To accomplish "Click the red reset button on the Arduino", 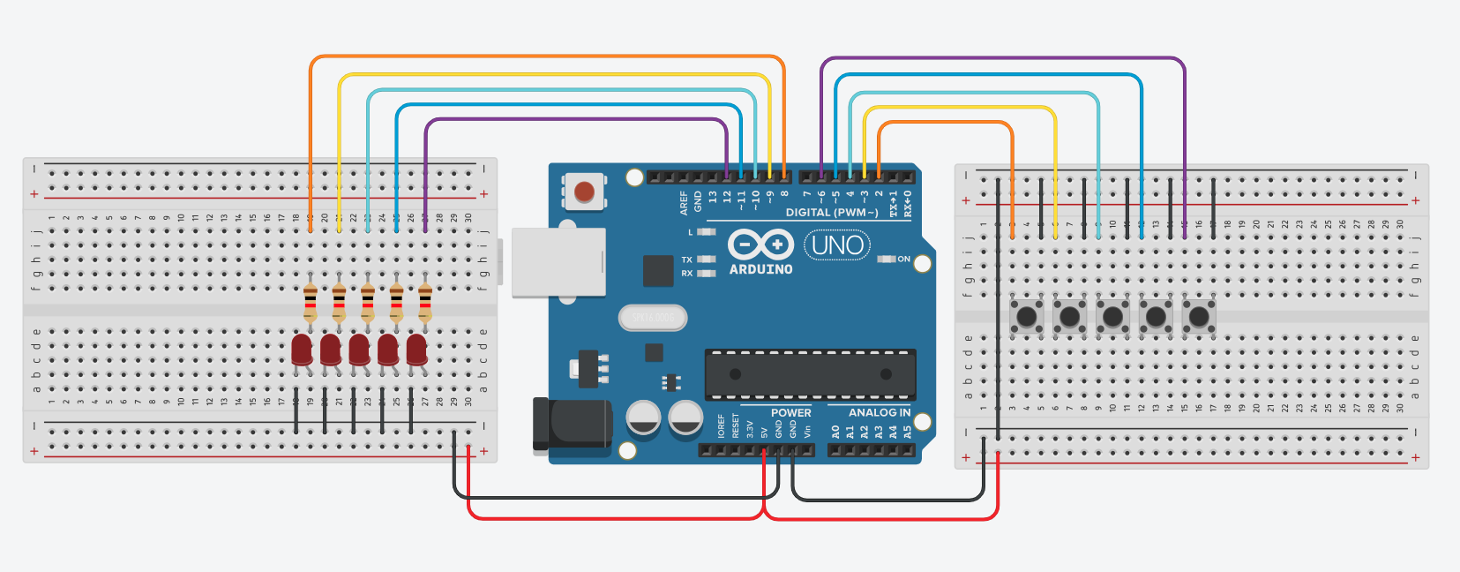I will [584, 191].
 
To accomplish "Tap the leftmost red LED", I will [302, 350].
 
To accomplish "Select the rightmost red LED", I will [416, 350].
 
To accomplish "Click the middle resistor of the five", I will [368, 303].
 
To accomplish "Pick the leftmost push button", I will [1026, 316].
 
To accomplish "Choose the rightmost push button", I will [1199, 316].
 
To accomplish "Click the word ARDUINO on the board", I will [760, 269].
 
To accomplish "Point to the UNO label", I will [837, 245].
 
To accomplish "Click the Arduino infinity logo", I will [760, 244].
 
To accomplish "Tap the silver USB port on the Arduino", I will [558, 262].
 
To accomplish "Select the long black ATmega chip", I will [810, 373].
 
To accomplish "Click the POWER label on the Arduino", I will [790, 412].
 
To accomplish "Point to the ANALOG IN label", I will [879, 412].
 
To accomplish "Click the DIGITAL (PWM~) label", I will [831, 213].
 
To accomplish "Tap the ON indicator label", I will [903, 259].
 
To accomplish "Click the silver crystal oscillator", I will [653, 317].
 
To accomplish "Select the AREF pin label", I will [684, 203].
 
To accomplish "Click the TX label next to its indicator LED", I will [686, 260].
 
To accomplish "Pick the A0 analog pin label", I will [835, 433].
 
